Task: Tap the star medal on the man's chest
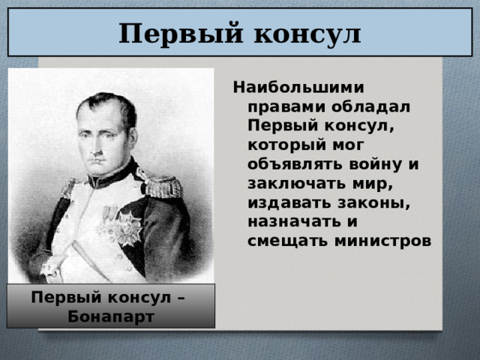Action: tap(130, 227)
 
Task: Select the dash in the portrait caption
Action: tap(181, 299)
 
